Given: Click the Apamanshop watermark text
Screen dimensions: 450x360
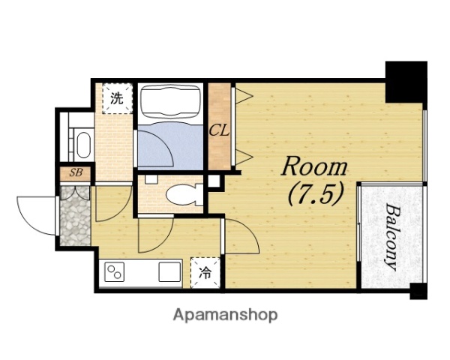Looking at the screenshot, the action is point(225,315).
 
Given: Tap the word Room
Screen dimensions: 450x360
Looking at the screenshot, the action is point(314,167).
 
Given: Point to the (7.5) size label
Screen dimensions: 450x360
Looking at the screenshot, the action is point(316,195).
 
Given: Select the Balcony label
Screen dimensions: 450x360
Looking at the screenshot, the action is point(391,237).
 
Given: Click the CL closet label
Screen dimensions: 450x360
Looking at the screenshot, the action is point(219,131).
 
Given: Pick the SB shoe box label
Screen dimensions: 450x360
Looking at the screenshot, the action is point(76,172).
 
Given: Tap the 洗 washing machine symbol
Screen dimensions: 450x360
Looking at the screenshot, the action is point(117,98).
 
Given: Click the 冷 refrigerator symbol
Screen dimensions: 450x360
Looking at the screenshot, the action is point(205,273).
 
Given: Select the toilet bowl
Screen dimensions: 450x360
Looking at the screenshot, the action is point(184,195).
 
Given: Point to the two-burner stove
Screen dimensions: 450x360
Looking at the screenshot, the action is point(114,271).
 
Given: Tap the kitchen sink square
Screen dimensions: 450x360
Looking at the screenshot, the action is point(170,271).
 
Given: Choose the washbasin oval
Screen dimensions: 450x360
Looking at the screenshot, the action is point(83,145).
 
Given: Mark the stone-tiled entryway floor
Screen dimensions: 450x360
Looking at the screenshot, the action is point(75,215).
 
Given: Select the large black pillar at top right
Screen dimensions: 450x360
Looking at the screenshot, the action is point(406,82).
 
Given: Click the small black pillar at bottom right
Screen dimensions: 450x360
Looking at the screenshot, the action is point(418,291).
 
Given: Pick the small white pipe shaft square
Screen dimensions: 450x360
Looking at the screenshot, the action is point(214,181).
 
